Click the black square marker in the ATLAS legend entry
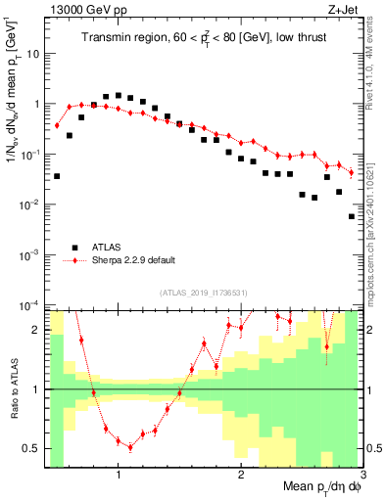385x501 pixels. point(72,248)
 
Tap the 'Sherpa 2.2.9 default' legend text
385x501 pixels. point(138,261)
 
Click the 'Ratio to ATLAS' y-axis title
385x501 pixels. point(13,406)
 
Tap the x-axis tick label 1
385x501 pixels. point(119,477)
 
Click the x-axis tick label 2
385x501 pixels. point(241,477)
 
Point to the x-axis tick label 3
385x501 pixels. point(361,477)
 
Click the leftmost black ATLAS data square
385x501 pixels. point(57,176)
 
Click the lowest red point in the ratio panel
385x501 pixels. point(130,447)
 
